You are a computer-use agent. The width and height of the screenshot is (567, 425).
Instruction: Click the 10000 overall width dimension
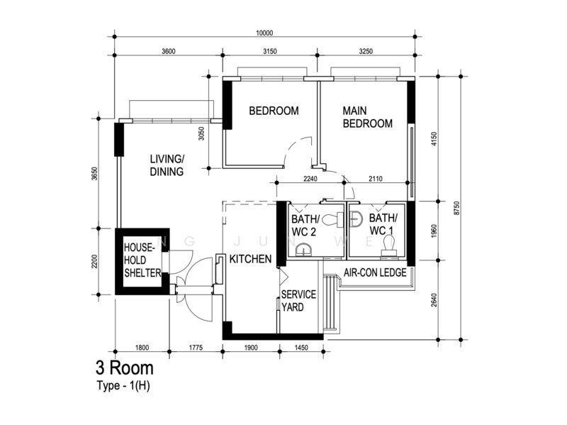tap(264, 33)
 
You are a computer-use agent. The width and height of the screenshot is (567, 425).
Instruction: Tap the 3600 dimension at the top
tap(169, 51)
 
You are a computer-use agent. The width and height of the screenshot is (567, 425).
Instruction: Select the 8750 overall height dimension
tap(456, 208)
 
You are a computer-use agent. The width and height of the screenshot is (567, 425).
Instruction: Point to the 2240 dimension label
tap(310, 179)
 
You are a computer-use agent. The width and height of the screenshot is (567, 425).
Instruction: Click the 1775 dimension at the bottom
tap(196, 348)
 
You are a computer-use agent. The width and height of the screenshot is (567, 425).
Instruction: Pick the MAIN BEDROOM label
tap(367, 117)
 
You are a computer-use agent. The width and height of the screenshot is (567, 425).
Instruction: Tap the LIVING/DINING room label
tap(167, 165)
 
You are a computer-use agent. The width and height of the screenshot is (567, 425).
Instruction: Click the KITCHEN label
tap(250, 259)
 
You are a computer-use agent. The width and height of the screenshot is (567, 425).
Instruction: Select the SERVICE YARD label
tap(298, 301)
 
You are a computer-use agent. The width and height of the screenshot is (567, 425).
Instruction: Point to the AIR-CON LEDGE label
tap(375, 272)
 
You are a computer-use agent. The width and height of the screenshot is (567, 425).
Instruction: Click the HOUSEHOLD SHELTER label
tap(142, 260)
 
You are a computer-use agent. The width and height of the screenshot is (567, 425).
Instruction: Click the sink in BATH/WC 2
tap(304, 250)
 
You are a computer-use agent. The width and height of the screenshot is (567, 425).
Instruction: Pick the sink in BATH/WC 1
tap(357, 219)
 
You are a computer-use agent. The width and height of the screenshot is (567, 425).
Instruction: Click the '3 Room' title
tap(125, 368)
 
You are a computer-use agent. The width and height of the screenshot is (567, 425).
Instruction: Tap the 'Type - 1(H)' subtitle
tap(123, 386)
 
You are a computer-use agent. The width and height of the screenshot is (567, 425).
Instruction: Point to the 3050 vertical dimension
tap(201, 133)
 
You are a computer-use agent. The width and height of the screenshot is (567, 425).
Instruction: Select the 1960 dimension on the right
tap(434, 231)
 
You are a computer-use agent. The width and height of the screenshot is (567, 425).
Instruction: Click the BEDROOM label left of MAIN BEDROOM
tap(274, 111)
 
